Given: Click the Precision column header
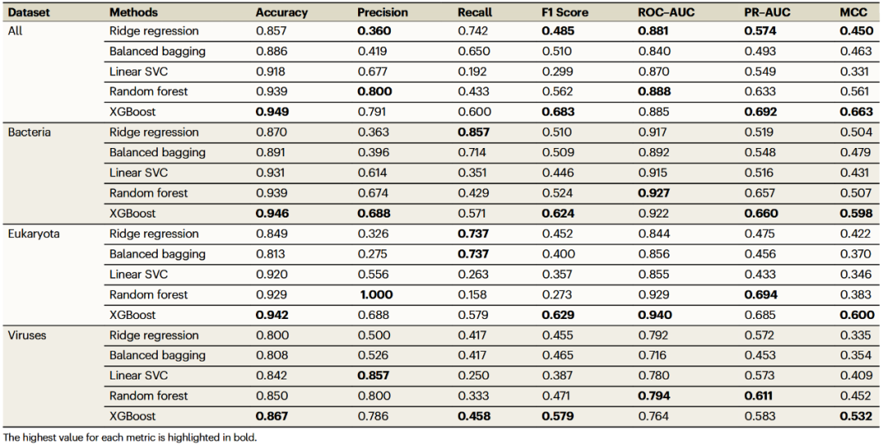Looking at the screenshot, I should coord(382,12).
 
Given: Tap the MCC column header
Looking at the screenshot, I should coord(853,12).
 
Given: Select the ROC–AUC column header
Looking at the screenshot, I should coord(666,12).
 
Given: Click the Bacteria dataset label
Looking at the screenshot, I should coord(29,132).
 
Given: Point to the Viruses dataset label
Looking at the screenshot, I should coord(26,335).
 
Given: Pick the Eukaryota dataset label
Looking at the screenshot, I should coord(34,234).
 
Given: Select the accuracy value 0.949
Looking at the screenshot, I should coord(271,112).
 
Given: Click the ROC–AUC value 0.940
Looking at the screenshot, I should coord(656,315).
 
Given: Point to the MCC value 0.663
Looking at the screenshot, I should coord(854,112).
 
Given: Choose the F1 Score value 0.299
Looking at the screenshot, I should coord(557,71).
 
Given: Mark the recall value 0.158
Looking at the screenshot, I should coord(475,294).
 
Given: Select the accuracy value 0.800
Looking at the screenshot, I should coord(271,335).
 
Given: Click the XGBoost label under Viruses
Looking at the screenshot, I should coord(132,416).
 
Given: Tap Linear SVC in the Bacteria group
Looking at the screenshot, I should coord(138,173).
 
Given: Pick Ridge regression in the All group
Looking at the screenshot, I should coord(154,31).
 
